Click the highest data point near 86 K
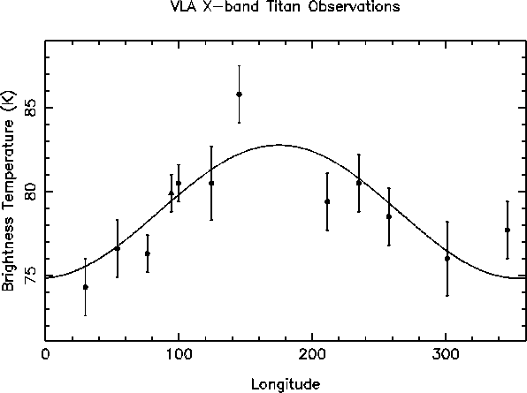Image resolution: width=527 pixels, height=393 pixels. tap(239, 94)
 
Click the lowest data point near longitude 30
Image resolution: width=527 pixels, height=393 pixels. tap(86, 287)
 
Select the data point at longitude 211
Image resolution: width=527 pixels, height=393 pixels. tap(327, 201)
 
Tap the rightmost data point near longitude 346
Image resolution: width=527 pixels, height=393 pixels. tap(508, 230)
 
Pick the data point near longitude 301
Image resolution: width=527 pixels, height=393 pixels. tap(447, 259)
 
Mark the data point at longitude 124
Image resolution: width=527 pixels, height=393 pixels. tap(211, 183)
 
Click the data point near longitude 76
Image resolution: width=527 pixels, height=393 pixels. tap(148, 253)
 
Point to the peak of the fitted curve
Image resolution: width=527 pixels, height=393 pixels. tap(279, 145)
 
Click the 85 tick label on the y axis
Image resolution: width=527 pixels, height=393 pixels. tap(32, 108)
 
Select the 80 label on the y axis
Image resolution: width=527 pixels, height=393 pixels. tap(32, 192)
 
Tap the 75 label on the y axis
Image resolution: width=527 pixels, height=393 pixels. tap(32, 276)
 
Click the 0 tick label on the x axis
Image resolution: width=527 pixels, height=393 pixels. tap(46, 354)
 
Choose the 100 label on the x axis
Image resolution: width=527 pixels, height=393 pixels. tap(179, 354)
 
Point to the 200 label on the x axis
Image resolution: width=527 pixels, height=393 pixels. tap(312, 354)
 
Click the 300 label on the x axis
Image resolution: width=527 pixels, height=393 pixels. tap(446, 354)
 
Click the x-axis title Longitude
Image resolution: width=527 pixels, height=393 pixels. tap(286, 384)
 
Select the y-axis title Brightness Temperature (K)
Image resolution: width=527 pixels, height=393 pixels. tap(8, 191)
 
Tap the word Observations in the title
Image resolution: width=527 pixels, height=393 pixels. tap(355, 7)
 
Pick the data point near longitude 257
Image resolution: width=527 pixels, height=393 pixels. tap(389, 216)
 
